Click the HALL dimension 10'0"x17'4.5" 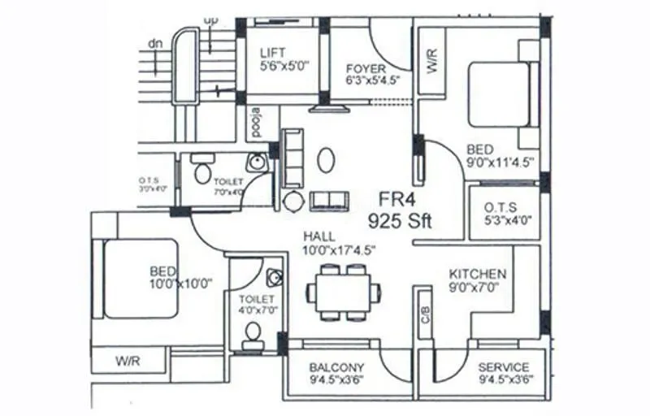tap(339, 250)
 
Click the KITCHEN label tap(478, 275)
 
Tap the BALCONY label tap(336, 367)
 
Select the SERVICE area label tap(503, 367)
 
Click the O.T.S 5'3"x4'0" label tap(506, 214)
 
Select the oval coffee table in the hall tap(325, 160)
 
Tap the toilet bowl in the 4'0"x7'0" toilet tap(253, 331)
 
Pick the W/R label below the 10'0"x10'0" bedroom tap(128, 358)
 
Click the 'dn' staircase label tap(154, 43)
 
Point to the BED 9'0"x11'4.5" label tap(499, 155)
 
